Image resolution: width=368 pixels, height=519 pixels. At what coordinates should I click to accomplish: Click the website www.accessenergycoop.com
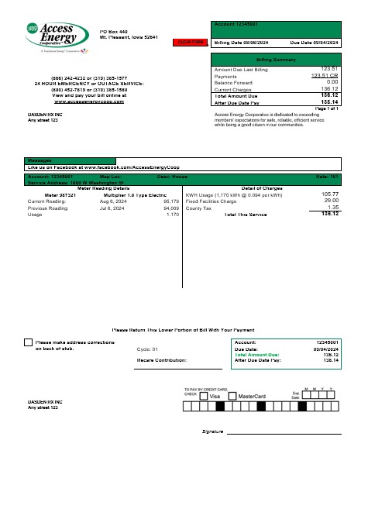tap(90, 101)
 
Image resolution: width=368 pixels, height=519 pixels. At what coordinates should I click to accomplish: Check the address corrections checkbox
tap(29, 342)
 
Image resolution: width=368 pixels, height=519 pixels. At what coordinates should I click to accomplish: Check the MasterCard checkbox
tap(232, 396)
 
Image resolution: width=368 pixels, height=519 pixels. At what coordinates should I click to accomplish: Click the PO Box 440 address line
tap(113, 31)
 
